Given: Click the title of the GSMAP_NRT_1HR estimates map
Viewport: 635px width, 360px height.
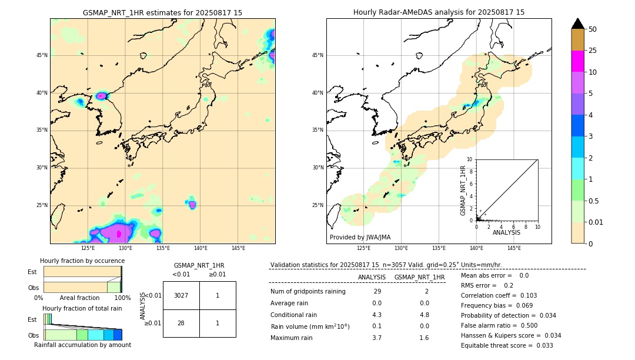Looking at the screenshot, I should [x=162, y=12].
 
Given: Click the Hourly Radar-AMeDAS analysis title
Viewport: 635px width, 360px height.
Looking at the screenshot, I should [x=439, y=12].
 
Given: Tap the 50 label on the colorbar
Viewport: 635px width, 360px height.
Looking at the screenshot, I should [x=593, y=29].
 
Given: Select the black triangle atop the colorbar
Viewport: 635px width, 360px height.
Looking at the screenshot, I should [x=578, y=24].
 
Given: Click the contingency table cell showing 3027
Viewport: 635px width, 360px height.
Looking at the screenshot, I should [x=181, y=295].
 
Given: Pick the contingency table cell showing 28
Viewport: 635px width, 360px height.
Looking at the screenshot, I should [x=181, y=323].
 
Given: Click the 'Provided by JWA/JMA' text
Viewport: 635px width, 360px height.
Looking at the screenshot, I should [x=360, y=238].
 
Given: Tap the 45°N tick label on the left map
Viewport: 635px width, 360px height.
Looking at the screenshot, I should [x=41, y=55].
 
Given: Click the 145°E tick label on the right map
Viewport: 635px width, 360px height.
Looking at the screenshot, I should [x=514, y=248].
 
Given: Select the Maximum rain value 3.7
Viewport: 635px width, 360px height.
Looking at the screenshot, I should [x=377, y=338].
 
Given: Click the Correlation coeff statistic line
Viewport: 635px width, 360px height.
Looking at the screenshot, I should [x=499, y=295].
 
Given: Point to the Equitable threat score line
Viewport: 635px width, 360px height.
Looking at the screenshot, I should [x=507, y=345].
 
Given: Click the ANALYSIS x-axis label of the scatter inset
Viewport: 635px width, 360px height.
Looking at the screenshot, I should [x=506, y=233].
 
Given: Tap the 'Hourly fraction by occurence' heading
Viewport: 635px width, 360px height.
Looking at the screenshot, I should [x=82, y=261].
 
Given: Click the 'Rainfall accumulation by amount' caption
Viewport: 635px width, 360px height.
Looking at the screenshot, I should [x=82, y=345].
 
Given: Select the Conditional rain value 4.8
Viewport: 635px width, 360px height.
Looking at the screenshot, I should [x=424, y=315].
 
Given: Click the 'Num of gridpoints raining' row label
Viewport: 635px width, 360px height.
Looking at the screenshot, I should [x=308, y=291].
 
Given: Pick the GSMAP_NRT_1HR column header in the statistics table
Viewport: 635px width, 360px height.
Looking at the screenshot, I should [x=419, y=277].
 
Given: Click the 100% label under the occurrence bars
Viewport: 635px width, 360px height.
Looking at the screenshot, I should [x=122, y=298].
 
